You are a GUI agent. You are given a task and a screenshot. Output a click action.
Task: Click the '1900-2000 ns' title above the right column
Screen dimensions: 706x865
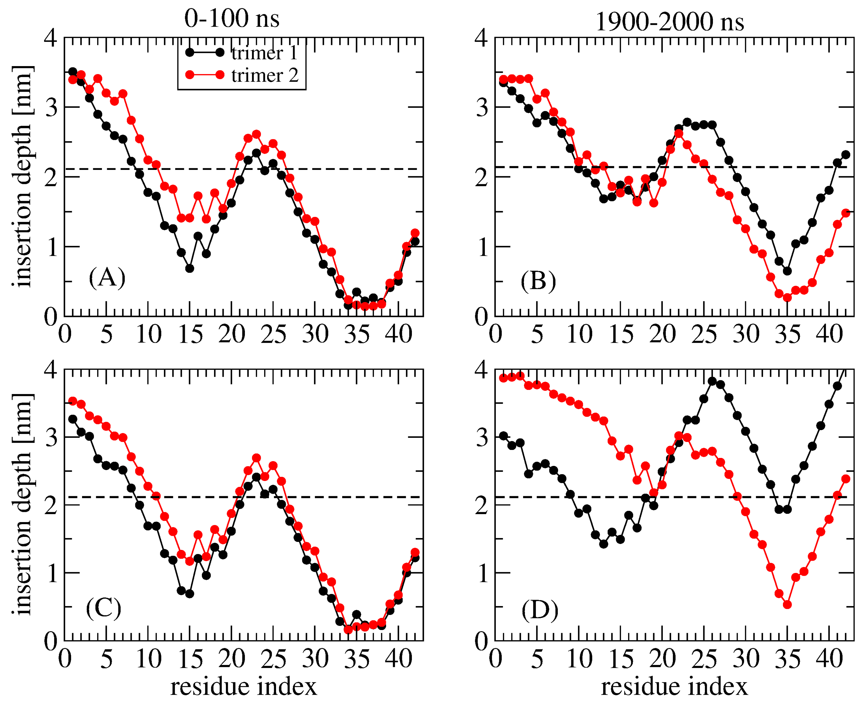click(x=669, y=21)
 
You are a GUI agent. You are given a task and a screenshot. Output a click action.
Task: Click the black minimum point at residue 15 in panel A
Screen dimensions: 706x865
click(x=190, y=268)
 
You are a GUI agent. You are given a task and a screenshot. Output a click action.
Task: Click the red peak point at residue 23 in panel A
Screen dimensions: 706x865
click(x=256, y=134)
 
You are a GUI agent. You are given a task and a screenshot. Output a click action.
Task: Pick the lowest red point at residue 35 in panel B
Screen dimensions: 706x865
click(x=787, y=298)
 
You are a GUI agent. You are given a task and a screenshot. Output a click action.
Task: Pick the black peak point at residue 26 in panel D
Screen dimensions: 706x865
click(x=712, y=381)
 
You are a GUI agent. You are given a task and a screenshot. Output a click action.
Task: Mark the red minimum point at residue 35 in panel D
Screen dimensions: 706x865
click(x=787, y=605)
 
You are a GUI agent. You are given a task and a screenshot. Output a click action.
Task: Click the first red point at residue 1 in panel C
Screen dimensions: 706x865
click(x=73, y=401)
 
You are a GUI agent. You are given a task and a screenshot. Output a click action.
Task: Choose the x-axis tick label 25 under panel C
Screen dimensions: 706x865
click(x=274, y=659)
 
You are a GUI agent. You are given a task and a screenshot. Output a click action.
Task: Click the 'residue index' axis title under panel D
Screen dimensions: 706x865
click(x=674, y=687)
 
